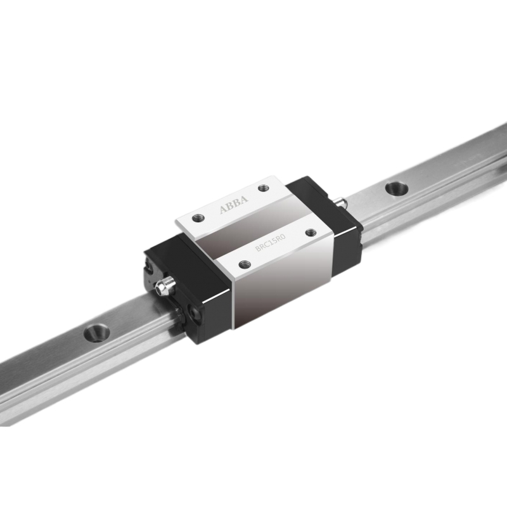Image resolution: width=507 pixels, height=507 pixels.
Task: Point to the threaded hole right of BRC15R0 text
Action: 310,233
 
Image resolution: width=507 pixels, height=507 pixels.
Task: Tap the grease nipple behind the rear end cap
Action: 342,202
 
